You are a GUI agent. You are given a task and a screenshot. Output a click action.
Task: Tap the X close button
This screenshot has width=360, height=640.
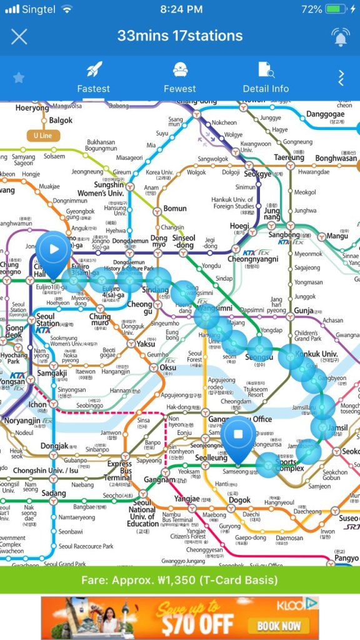[19, 36]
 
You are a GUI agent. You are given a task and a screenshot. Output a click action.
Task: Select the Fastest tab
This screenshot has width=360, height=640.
[93, 77]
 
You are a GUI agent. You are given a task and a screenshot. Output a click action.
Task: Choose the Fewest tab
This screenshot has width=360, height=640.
[179, 77]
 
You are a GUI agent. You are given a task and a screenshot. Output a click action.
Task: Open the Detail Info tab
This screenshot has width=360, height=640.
[266, 77]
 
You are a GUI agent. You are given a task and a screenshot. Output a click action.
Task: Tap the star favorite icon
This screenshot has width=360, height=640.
[19, 78]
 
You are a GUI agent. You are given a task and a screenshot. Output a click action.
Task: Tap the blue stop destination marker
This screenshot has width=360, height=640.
[237, 434]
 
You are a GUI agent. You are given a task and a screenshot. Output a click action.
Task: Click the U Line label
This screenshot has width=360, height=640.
[43, 135]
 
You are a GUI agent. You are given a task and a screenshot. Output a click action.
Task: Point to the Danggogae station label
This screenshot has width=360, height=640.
[326, 115]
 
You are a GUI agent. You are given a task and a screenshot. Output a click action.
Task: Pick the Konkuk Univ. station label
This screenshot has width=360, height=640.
[317, 354]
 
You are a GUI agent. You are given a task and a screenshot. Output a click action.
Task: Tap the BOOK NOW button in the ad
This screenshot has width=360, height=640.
[281, 625]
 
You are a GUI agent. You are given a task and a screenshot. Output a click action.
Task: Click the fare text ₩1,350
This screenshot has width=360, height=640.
[179, 580]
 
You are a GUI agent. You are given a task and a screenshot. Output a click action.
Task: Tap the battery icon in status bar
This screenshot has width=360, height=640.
[335, 9]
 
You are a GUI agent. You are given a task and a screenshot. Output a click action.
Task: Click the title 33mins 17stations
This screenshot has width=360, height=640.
[179, 36]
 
